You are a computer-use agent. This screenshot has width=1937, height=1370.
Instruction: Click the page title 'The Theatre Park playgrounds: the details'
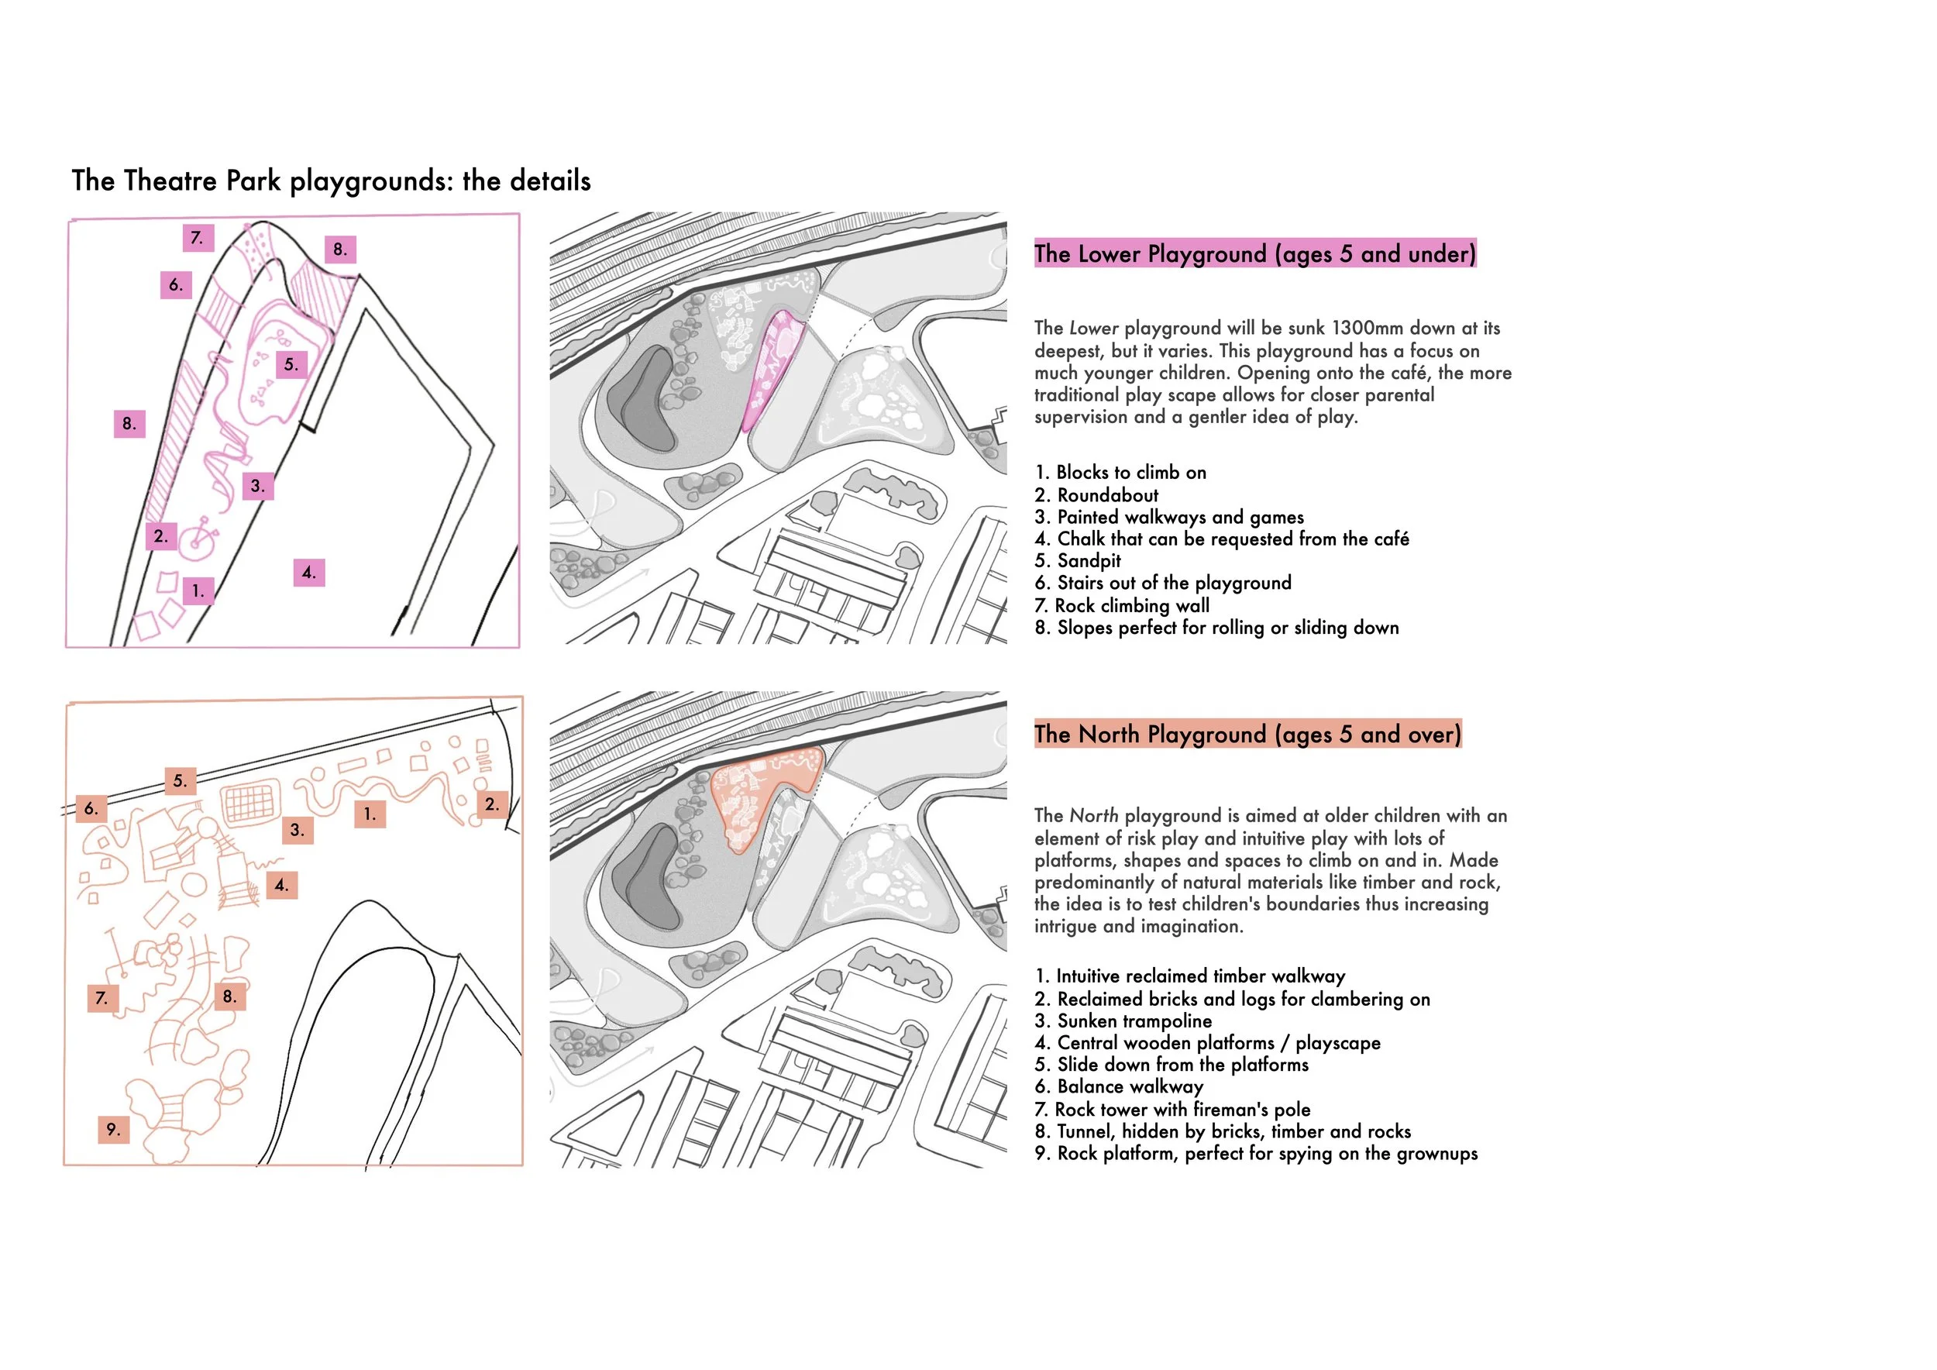[331, 181]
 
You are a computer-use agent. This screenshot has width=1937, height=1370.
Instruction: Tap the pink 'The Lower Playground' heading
[1254, 254]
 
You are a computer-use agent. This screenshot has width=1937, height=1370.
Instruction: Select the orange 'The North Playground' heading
[1247, 734]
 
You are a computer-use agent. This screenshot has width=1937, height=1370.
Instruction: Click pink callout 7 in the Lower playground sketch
[198, 238]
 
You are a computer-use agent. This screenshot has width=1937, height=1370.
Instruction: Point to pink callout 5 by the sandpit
[291, 364]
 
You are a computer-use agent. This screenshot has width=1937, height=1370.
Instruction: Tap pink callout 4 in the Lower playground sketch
[309, 573]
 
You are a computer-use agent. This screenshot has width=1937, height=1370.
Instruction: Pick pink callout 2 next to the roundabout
[160, 535]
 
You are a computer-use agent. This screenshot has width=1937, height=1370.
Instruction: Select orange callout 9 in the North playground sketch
[113, 1130]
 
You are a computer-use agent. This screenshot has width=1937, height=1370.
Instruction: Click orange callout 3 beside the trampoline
[297, 830]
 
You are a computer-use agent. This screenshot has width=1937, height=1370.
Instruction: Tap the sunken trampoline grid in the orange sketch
[251, 802]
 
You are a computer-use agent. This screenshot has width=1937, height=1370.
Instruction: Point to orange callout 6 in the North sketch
[91, 809]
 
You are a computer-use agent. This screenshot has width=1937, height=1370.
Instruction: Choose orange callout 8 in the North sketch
[229, 997]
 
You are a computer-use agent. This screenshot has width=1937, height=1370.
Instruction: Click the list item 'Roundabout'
[1107, 495]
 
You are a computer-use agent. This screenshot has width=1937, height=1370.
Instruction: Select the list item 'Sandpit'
[1089, 561]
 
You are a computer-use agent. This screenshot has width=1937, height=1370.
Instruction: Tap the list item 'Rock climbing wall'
[1131, 606]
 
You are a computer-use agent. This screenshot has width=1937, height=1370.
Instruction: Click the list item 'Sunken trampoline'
[1134, 1021]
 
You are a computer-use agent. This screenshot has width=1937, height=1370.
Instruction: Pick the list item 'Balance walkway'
[1130, 1086]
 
